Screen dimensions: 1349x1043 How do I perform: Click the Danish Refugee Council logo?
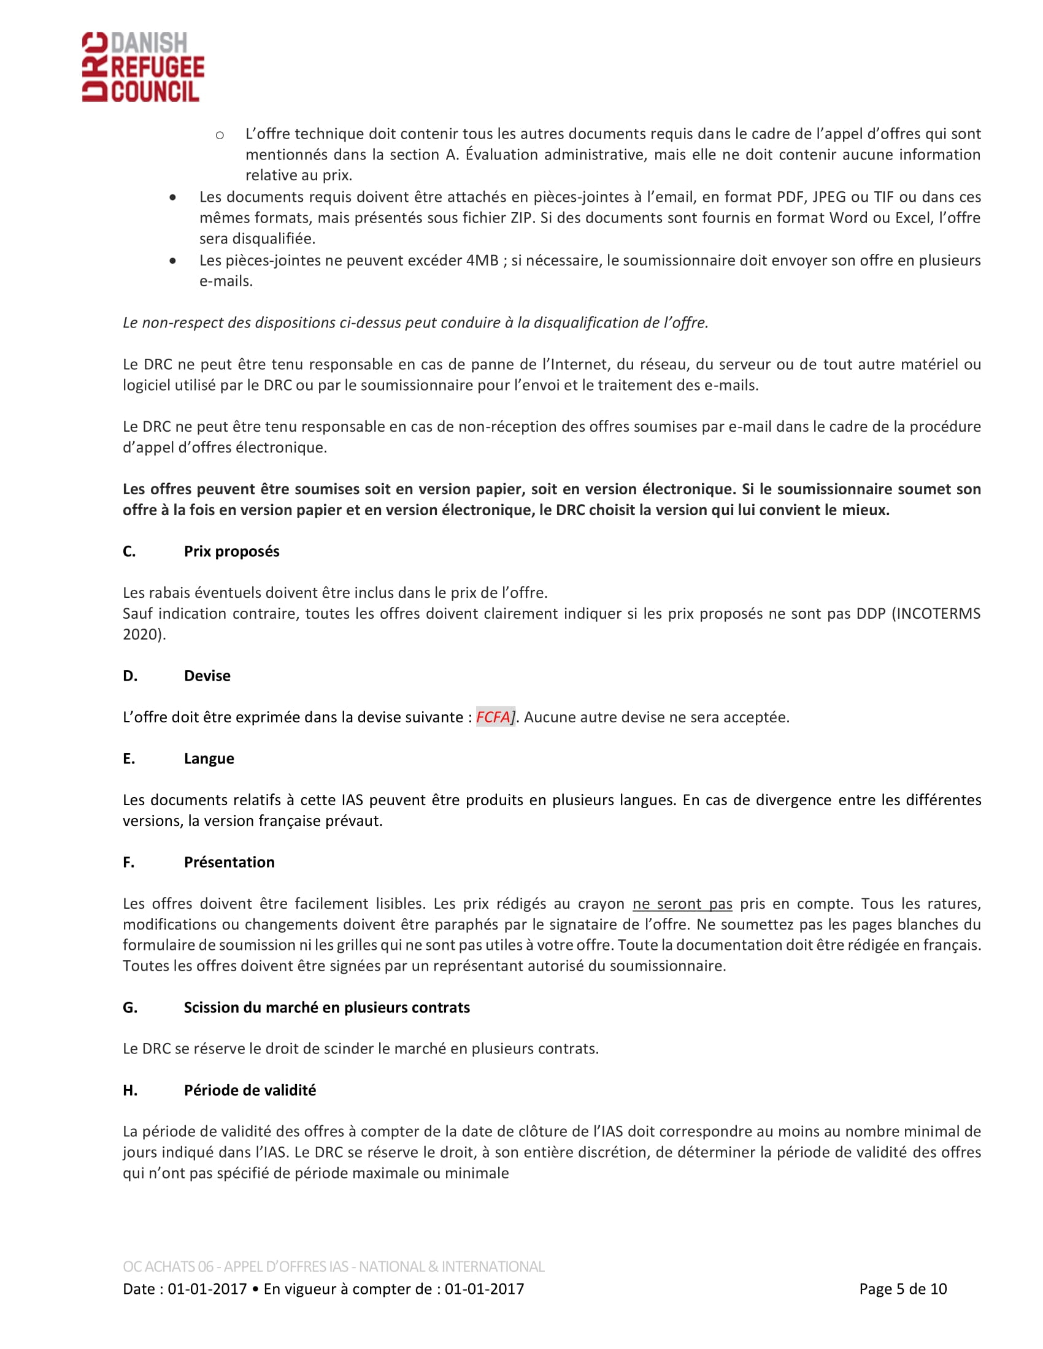pos(143,67)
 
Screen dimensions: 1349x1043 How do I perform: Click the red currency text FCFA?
pos(493,717)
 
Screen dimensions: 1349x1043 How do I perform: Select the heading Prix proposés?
pos(231,551)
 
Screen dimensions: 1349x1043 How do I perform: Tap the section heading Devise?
pos(207,676)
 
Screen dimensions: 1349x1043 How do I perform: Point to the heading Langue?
pos(209,759)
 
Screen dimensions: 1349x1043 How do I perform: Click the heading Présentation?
pos(229,862)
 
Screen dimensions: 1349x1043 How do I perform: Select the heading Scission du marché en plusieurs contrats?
pos(326,1007)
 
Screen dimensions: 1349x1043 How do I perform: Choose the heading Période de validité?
pos(250,1090)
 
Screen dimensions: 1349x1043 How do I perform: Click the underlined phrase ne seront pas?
pos(682,904)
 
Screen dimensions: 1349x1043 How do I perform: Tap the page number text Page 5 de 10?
pos(902,1289)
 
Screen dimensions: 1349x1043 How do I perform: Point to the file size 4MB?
pos(482,260)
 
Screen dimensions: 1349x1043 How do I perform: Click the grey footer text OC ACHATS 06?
pos(168,1266)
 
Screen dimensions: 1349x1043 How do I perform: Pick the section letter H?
pos(129,1090)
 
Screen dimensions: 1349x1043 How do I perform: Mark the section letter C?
pos(128,551)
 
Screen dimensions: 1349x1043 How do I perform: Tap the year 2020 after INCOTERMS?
pos(142,635)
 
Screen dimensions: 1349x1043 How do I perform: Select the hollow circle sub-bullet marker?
pos(220,135)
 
